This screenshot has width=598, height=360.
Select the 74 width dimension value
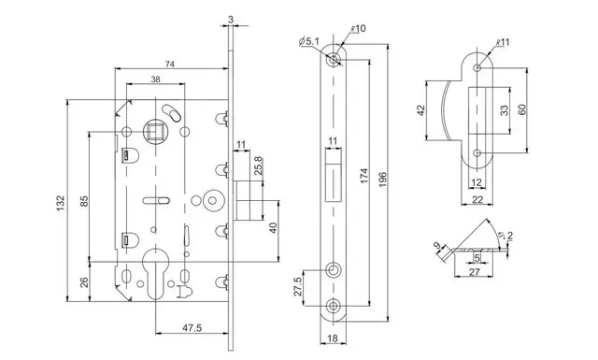[170, 64]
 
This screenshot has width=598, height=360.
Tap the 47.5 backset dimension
[192, 327]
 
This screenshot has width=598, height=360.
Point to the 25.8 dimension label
[258, 166]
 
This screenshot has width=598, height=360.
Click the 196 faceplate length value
[382, 180]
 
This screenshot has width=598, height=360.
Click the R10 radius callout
[358, 28]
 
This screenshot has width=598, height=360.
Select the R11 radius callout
[503, 42]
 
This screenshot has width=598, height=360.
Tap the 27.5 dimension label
[298, 286]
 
